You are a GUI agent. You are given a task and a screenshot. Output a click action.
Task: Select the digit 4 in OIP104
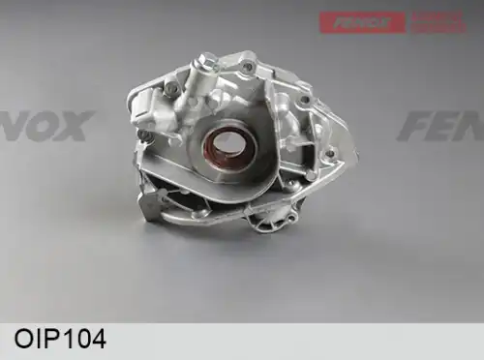(x=98, y=341)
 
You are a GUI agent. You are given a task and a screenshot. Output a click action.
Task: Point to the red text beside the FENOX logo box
(x=439, y=21)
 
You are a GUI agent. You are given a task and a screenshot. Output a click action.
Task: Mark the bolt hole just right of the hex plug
(x=248, y=67)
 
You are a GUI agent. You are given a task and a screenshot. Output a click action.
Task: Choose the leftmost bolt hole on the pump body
(x=142, y=135)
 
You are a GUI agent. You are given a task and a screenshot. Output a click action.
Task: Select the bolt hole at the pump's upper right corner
(x=305, y=100)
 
